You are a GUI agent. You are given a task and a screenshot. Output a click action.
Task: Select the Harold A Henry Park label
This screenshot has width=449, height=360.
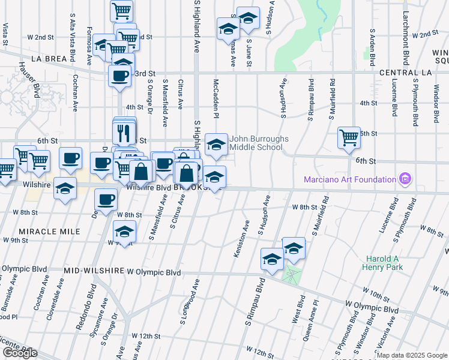(x=382, y=262)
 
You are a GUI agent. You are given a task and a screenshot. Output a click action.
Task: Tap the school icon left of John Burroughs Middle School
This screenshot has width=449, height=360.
(x=216, y=144)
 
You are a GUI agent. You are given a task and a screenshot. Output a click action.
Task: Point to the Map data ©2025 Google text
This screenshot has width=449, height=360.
(x=412, y=355)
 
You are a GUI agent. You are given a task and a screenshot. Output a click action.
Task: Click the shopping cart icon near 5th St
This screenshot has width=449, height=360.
(x=348, y=137)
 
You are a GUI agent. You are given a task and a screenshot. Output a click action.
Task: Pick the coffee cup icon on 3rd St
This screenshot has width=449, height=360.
(x=119, y=76)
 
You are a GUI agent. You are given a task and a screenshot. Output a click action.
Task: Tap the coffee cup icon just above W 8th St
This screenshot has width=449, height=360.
(x=106, y=199)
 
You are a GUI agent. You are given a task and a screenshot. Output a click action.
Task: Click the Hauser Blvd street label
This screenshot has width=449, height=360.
(x=32, y=81)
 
